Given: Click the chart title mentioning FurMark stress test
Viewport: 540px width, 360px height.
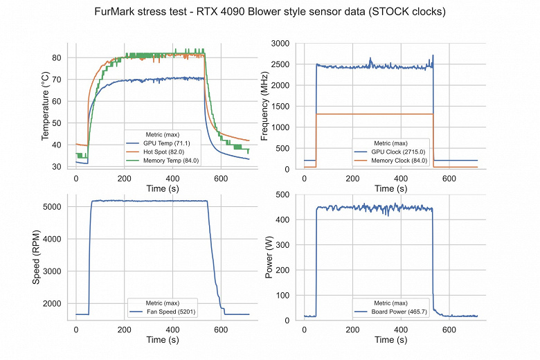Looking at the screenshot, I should (x=270, y=12).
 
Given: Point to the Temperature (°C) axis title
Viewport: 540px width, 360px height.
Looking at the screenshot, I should (x=46, y=105).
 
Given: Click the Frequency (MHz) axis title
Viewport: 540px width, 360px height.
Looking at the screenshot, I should (x=265, y=105).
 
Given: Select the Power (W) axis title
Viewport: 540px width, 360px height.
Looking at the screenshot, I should (x=269, y=258).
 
